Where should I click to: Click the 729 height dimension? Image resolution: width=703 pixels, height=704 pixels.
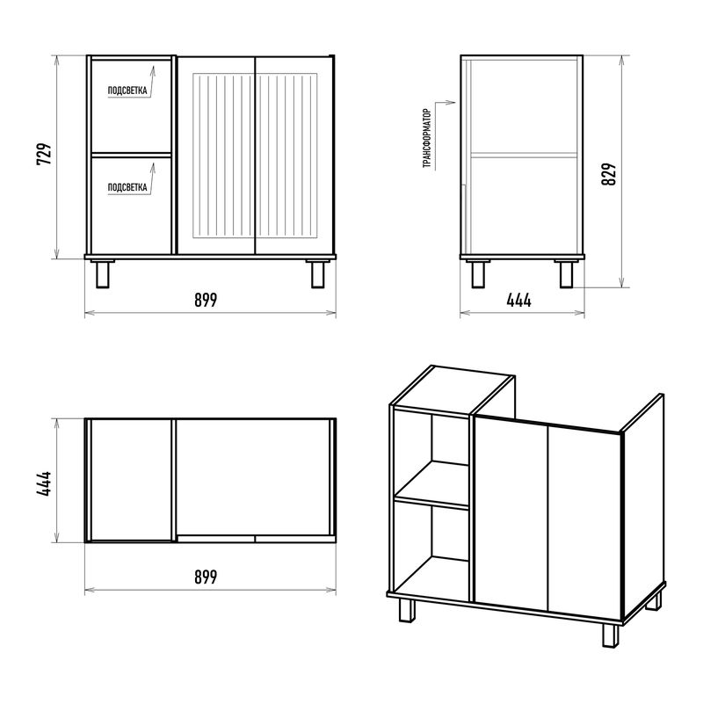[44, 154]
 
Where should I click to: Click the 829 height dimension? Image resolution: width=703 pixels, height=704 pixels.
[609, 174]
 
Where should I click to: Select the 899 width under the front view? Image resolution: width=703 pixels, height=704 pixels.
[206, 300]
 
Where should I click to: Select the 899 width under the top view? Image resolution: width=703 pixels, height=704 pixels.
[206, 577]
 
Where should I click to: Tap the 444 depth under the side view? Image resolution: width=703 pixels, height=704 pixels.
[519, 300]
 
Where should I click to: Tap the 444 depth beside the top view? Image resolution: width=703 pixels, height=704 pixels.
[44, 483]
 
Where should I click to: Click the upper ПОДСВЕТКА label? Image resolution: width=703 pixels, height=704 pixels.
[127, 91]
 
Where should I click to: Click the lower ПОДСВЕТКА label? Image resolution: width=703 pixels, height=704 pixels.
[127, 187]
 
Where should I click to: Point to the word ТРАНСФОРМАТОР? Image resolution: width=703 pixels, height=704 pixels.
[427, 138]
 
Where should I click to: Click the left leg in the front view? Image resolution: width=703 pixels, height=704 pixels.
[102, 273]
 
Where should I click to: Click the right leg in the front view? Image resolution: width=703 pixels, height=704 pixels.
[318, 273]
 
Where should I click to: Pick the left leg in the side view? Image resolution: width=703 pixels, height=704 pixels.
[478, 273]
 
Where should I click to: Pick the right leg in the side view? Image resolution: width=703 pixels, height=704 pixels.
[567, 273]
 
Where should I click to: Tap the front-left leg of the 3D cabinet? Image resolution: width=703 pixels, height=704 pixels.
[407, 610]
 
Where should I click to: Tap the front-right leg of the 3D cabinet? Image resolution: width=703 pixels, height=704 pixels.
[610, 635]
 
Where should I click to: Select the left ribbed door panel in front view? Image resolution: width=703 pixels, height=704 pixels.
[223, 156]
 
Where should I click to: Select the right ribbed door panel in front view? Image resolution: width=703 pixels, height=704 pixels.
[286, 156]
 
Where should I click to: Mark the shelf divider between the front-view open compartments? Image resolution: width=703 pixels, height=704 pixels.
[132, 155]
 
